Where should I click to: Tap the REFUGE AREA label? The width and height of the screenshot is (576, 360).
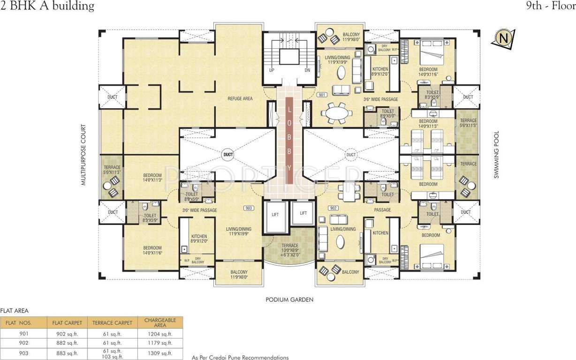[240, 98]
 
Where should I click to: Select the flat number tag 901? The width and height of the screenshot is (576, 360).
[321, 95]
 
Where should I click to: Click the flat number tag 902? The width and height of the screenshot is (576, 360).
[333, 208]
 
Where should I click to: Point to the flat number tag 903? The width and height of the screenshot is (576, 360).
[249, 208]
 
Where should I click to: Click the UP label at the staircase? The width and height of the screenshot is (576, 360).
[271, 70]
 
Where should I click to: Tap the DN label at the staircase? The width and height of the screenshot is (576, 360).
[307, 70]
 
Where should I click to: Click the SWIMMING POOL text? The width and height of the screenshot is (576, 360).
[496, 155]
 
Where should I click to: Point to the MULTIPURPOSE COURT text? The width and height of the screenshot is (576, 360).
[83, 155]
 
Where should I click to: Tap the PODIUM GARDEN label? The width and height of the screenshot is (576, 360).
[289, 300]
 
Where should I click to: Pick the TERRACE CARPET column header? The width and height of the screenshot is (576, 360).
[112, 322]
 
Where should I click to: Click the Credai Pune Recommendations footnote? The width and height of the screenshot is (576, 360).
[240, 358]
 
